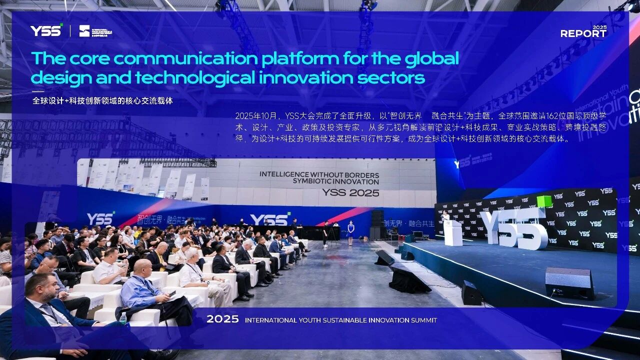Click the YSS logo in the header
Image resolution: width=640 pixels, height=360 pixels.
click(x=46, y=30)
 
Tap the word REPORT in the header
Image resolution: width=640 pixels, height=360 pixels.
click(x=583, y=34)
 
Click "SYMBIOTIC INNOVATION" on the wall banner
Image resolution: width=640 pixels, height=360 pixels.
click(x=335, y=181)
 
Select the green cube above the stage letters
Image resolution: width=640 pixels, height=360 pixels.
click(x=544, y=201)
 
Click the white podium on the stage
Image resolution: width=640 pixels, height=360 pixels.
click(x=453, y=232)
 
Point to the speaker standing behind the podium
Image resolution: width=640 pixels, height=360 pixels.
click(x=445, y=216)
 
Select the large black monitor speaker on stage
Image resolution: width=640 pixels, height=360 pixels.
click(x=569, y=283)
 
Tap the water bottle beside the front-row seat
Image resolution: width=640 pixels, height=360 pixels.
click(x=122, y=318)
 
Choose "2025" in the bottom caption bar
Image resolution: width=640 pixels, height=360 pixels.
click(x=222, y=319)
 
